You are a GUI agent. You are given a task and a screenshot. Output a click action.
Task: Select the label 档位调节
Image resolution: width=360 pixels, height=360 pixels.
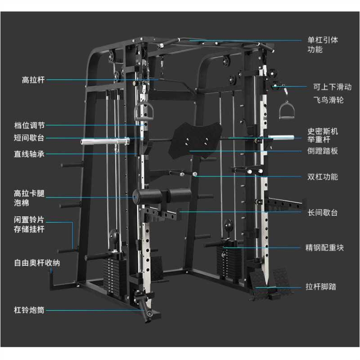(x=29, y=125)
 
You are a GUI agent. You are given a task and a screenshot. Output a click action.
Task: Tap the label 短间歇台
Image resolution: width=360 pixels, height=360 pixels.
(x=29, y=138)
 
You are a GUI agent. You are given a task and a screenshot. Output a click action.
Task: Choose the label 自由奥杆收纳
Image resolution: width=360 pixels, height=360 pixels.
(x=37, y=263)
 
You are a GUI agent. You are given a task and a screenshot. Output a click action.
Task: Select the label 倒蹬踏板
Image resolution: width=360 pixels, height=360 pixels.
(x=322, y=151)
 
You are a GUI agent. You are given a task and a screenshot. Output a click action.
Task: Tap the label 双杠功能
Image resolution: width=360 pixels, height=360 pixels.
(x=322, y=176)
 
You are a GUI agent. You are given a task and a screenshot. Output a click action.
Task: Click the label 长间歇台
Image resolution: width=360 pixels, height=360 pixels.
(x=322, y=212)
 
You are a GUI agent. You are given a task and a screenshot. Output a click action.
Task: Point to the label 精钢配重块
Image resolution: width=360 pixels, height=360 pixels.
(x=325, y=247)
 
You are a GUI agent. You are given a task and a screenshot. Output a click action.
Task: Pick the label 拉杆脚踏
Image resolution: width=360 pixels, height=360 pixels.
(x=321, y=286)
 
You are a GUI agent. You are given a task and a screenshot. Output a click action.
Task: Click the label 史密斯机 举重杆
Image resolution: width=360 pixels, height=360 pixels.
(x=322, y=136)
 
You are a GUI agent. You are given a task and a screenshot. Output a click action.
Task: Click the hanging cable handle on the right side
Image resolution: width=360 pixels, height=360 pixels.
(x=286, y=110)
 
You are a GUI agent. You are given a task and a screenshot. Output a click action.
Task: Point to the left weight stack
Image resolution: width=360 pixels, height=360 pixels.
(x=114, y=274)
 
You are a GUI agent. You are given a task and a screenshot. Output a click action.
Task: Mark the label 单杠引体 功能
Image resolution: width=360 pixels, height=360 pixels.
(x=322, y=44)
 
